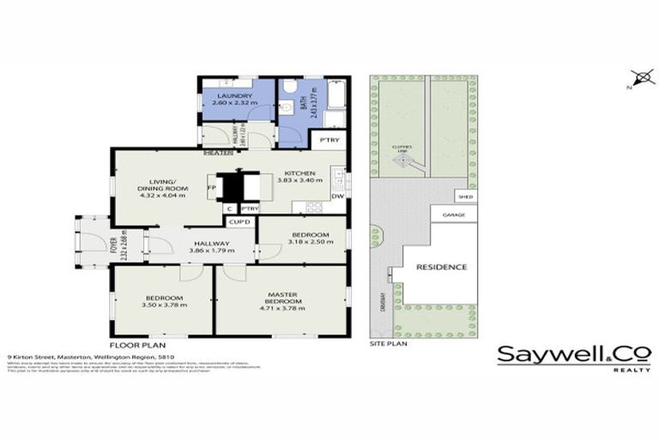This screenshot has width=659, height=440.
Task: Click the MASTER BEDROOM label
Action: pyautogui.click(x=283, y=296)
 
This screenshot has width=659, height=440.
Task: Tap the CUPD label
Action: pyautogui.click(x=239, y=223)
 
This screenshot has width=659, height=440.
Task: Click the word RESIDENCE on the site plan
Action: pyautogui.click(x=442, y=267)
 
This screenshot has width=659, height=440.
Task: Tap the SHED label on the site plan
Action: pyautogui.click(x=465, y=198)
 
